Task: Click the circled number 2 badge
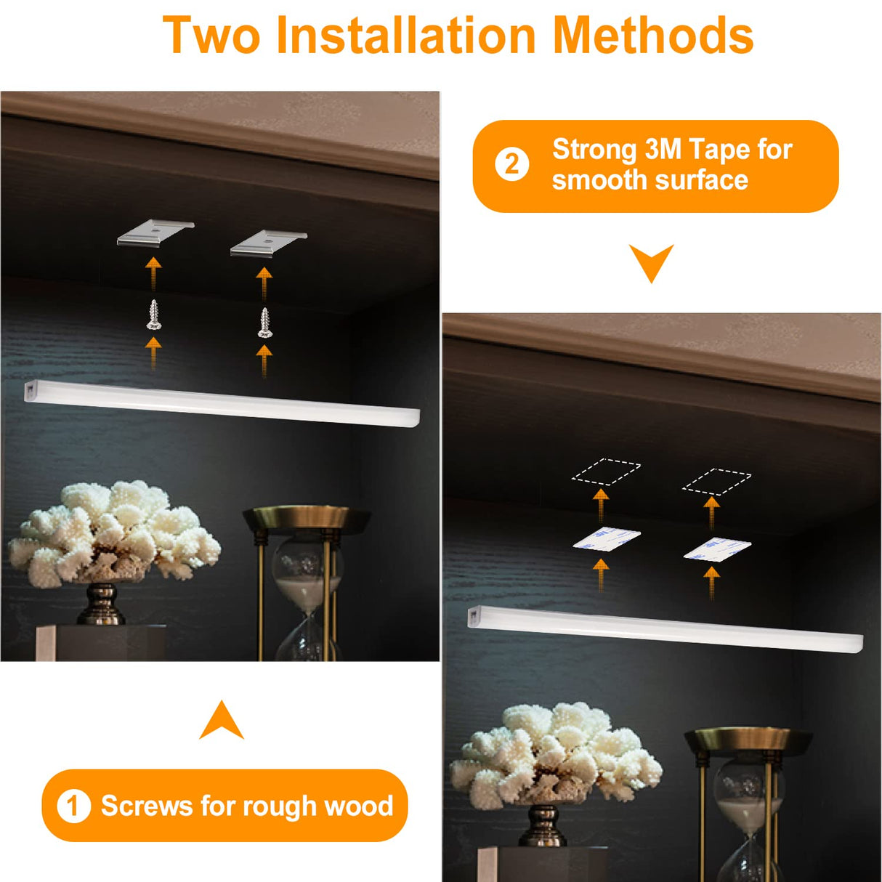[x=512, y=165]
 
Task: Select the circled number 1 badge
[x=73, y=806]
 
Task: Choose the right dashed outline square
[x=716, y=480]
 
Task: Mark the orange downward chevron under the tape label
[x=651, y=262]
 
